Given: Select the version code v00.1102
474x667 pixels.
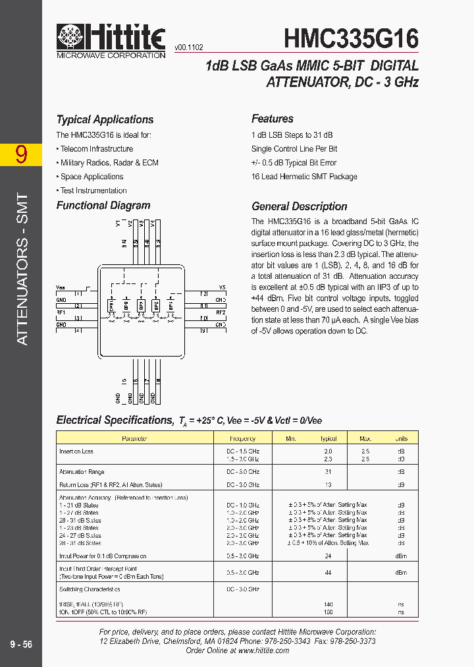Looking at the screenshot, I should point(189,48).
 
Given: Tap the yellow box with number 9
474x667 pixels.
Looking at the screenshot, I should point(22,154).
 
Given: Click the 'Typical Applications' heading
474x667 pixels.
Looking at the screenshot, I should point(105,119).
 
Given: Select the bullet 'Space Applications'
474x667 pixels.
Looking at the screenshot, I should point(92,177).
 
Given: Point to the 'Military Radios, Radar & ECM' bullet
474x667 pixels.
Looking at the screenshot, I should point(109,163).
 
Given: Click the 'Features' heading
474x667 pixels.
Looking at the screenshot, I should point(272,119).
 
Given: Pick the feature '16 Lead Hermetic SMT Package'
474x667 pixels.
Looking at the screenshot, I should point(304,177).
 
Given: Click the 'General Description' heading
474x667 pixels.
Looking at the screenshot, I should point(299,206).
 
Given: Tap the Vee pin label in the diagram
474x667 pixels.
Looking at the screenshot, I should point(61,287).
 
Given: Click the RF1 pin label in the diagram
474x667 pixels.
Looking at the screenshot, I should point(61,312).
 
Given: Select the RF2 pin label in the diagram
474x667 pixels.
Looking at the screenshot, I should point(221,312).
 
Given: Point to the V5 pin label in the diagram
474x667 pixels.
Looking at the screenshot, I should point(222,288).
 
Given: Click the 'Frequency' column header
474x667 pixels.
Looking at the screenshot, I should point(242,438).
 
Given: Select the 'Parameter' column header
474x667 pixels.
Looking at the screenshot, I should point(134,438).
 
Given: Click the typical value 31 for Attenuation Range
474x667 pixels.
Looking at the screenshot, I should point(328,472).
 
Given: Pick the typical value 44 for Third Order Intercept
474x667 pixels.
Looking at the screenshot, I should point(328,573).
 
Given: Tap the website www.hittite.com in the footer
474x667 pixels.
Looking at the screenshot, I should point(263,650).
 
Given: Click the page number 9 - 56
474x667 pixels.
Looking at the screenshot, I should point(21,645).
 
